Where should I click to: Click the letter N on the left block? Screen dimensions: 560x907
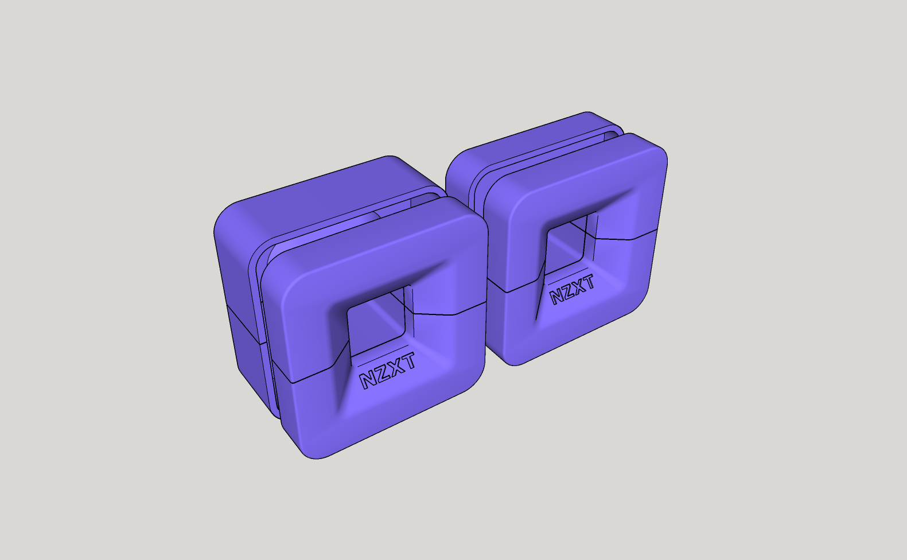(x=368, y=380)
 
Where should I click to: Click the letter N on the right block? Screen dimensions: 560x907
(x=557, y=297)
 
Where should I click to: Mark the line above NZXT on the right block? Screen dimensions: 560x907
(x=568, y=275)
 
